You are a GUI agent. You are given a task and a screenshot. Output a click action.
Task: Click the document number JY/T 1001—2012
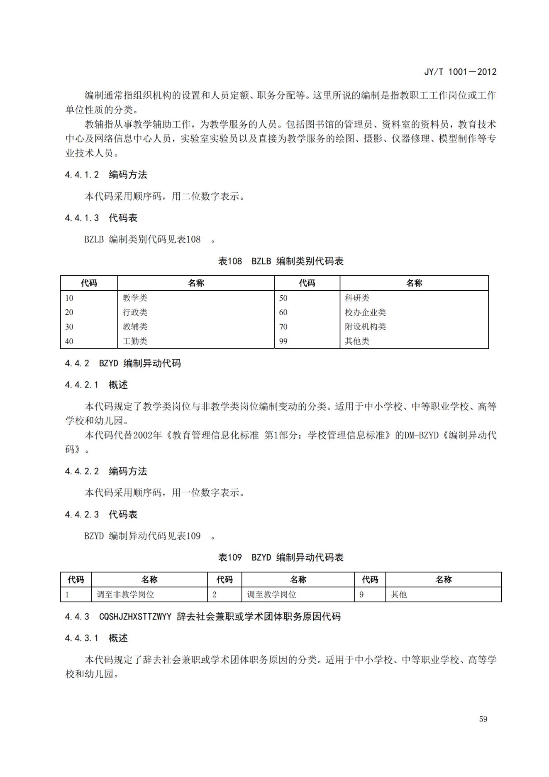pyautogui.click(x=460, y=72)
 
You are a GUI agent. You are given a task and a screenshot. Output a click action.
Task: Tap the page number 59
pyautogui.click(x=483, y=719)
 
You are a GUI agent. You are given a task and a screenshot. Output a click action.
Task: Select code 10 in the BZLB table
pyautogui.click(x=69, y=298)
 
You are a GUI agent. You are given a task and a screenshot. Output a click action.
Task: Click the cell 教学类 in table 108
pyautogui.click(x=135, y=298)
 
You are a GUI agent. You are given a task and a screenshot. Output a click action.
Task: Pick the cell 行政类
pyautogui.click(x=135, y=312)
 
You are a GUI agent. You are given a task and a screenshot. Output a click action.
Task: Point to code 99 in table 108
pyautogui.click(x=283, y=341)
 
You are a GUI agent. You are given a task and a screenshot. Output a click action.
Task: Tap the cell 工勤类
pyautogui.click(x=135, y=341)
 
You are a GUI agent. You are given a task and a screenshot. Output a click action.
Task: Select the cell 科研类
pyautogui.click(x=357, y=298)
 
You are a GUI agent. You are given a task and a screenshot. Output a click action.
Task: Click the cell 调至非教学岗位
pyautogui.click(x=125, y=594)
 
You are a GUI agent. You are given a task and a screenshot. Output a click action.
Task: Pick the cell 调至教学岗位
pyautogui.click(x=272, y=594)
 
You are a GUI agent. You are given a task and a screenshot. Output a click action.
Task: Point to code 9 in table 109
pyautogui.click(x=361, y=594)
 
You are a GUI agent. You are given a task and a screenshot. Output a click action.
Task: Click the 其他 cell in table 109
pyautogui.click(x=399, y=594)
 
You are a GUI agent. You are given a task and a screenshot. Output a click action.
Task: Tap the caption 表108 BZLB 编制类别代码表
pyautogui.click(x=281, y=261)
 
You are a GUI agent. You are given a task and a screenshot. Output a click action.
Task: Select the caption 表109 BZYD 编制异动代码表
pyautogui.click(x=281, y=557)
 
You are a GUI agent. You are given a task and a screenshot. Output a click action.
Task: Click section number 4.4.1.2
pyautogui.click(x=82, y=175)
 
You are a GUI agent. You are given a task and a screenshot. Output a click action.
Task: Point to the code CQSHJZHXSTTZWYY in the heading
pyautogui.click(x=135, y=617)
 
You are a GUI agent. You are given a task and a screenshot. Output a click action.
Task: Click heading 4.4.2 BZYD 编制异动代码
pyautogui.click(x=123, y=363)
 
